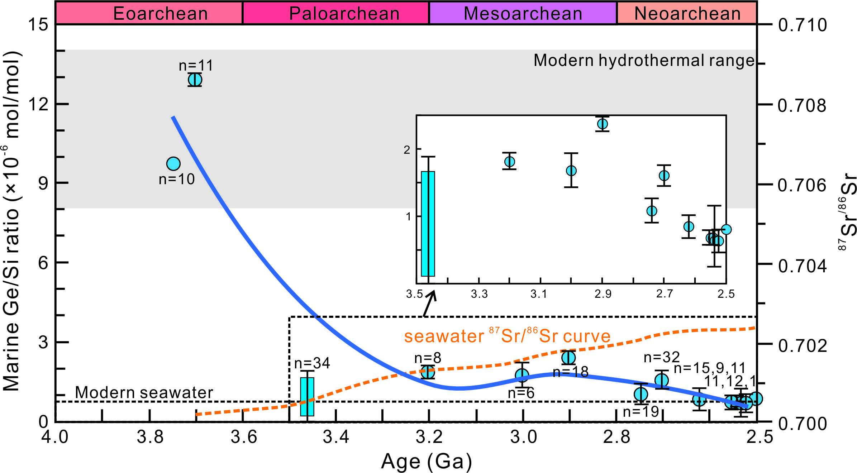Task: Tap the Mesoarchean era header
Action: pos(523,14)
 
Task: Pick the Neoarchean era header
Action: pos(687,14)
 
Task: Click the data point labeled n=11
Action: pos(195,80)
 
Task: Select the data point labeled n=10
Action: pos(173,164)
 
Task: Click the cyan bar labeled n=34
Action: pos(307,397)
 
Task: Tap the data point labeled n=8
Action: pos(428,372)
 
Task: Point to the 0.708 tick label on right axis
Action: pos(802,106)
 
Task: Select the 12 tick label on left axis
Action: pos(38,104)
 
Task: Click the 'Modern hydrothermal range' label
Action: pos(644,60)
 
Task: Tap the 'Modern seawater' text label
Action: pos(144,393)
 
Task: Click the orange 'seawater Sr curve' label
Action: pos(507,336)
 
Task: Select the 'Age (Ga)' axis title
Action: pos(427,462)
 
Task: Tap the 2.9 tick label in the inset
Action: pos(603,294)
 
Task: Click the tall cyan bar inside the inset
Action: pos(428,224)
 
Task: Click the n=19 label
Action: pos(641,412)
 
